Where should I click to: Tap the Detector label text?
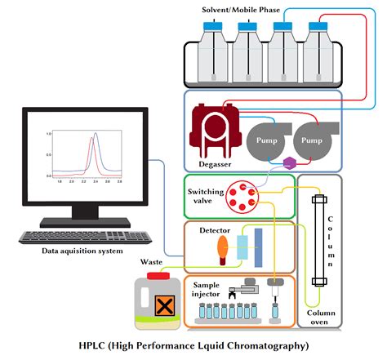point(214,231)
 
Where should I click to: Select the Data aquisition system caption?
point(85,251)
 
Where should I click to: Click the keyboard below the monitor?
point(86,237)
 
